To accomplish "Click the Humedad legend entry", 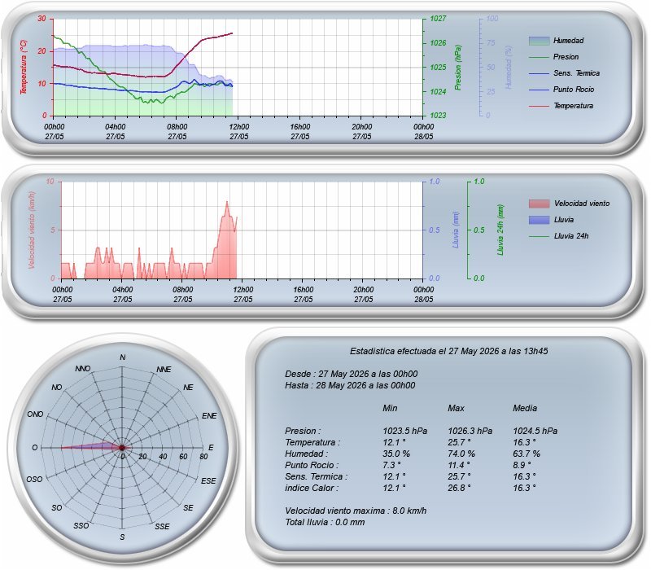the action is click(557, 41).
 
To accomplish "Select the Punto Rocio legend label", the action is click(574, 90).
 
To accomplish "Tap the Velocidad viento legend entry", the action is click(569, 204).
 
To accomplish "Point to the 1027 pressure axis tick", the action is click(438, 18).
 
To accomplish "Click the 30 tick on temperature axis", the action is click(42, 18).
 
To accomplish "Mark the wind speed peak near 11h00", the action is click(227, 201).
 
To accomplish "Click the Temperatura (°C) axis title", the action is click(24, 67).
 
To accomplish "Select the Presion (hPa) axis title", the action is click(457, 68).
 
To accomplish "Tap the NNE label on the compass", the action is click(164, 370).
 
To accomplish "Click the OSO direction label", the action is click(34, 479).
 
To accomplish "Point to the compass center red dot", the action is click(121, 447).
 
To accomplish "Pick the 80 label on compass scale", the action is click(203, 456).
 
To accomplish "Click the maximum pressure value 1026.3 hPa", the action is click(470, 431).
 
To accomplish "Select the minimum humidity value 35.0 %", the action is click(396, 454).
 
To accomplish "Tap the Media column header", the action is click(525, 408).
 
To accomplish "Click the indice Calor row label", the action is click(312, 488).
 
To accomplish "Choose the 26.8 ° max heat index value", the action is click(459, 488).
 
